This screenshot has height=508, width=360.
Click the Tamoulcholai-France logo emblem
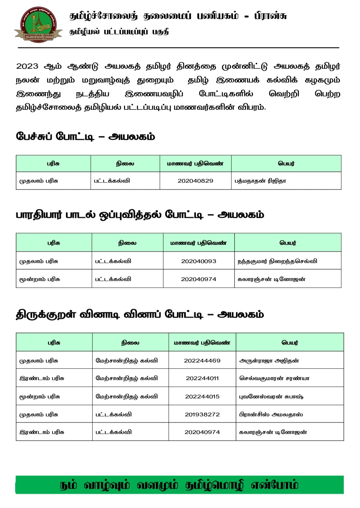tap(38, 25)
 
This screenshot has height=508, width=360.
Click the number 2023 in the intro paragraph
tap(27, 66)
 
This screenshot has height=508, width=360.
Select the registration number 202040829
tap(195, 181)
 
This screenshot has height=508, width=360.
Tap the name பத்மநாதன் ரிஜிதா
tap(260, 181)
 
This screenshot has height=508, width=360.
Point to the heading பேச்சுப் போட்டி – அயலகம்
tap(85, 137)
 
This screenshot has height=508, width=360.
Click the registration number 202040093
tap(199, 261)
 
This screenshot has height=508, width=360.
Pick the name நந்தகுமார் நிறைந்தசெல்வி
tap(277, 261)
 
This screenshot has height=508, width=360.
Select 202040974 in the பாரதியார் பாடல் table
tap(199, 279)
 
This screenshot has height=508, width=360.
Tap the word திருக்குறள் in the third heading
tap(46, 315)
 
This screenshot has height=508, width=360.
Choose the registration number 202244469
tap(202, 361)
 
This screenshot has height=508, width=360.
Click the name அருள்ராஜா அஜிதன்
tap(269, 361)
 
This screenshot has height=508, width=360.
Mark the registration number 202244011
tap(202, 378)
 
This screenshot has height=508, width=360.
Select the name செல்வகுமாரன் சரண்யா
tap(274, 378)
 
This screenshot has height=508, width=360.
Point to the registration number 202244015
tap(202, 397)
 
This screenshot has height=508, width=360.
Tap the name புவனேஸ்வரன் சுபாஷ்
tap(271, 397)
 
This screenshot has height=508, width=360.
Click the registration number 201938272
tap(202, 414)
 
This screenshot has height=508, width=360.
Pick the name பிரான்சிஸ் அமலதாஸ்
tap(271, 414)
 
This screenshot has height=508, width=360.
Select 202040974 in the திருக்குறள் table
tap(202, 432)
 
